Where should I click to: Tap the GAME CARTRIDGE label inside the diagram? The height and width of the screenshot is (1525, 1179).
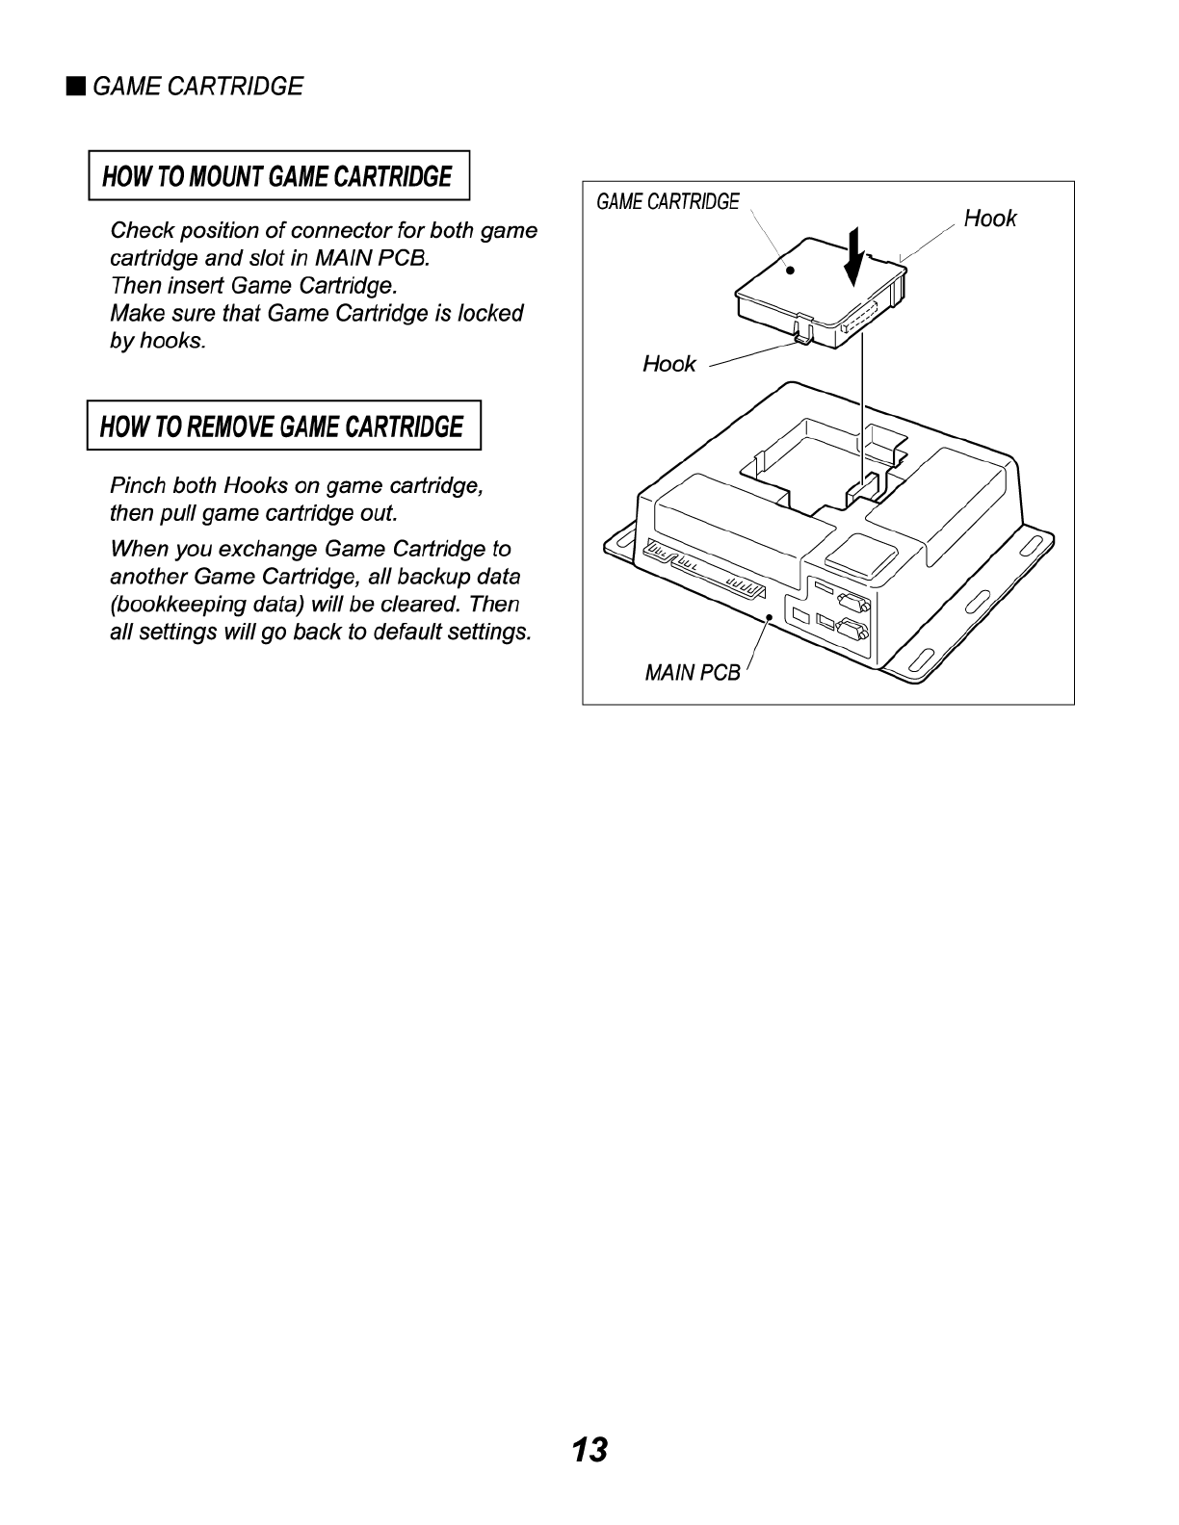tap(668, 202)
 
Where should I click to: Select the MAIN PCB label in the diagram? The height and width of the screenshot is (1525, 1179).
tap(692, 673)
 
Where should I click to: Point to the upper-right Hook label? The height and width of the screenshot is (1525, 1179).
tap(989, 219)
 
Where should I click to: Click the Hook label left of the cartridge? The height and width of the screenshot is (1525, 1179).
tap(668, 364)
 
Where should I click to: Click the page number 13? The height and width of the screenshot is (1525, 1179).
tap(589, 1450)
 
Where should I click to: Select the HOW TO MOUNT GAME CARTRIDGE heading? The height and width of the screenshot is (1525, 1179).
tap(277, 176)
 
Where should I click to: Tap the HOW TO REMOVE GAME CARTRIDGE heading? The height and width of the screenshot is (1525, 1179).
tap(282, 426)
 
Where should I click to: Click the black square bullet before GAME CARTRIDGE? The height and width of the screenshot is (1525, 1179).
tap(75, 87)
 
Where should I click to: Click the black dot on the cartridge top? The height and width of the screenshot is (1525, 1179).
tap(789, 271)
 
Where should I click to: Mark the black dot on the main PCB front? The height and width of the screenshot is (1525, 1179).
tap(769, 615)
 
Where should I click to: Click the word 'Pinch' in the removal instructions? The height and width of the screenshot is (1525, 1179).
tap(139, 484)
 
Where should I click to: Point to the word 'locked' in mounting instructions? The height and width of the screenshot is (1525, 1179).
tap(490, 314)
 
